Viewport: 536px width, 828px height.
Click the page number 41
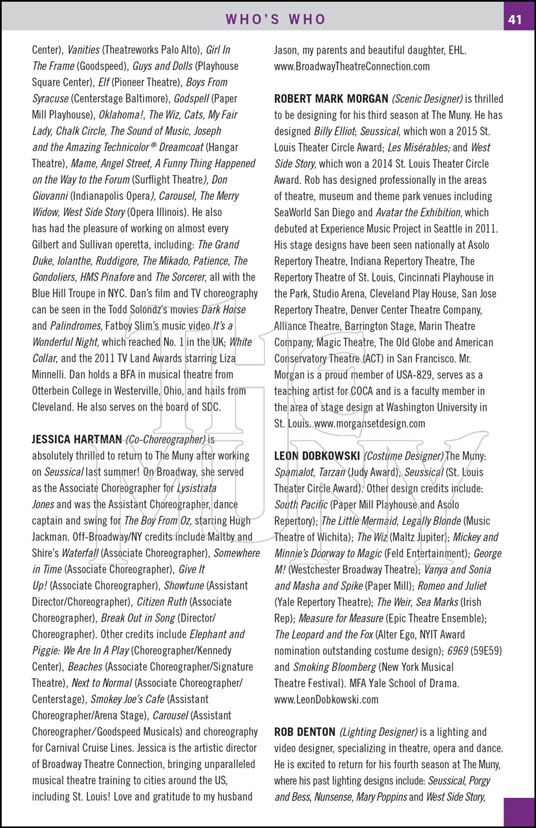pyautogui.click(x=515, y=19)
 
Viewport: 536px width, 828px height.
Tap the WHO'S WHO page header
pyautogui.click(x=275, y=19)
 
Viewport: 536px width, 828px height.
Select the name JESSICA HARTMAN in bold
pyautogui.click(x=77, y=439)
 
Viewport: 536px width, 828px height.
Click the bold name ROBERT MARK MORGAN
pyautogui.click(x=331, y=99)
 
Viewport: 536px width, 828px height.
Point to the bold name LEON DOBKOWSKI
pyautogui.click(x=317, y=456)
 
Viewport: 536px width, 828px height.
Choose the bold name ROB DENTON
pyautogui.click(x=305, y=732)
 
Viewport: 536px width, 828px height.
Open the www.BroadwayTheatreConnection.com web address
pyautogui.click(x=352, y=66)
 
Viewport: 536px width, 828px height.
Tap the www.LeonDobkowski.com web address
pyautogui.click(x=326, y=699)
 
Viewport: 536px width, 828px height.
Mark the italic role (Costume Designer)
pyautogui.click(x=404, y=456)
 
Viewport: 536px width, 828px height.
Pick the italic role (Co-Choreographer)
pyautogui.click(x=166, y=439)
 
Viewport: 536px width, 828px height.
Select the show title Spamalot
pyautogui.click(x=294, y=473)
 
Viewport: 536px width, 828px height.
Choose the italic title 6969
pyautogui.click(x=458, y=651)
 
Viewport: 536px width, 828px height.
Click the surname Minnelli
pyautogui.click(x=48, y=375)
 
